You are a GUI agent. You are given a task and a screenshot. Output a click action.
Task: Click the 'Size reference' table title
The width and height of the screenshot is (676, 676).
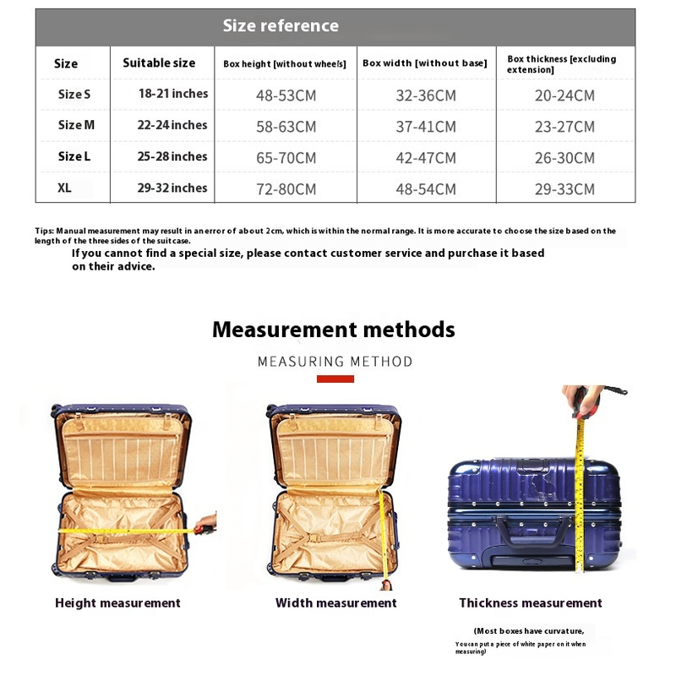(x=281, y=25)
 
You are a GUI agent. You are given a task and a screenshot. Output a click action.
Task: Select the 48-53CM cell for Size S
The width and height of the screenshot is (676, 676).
(x=286, y=95)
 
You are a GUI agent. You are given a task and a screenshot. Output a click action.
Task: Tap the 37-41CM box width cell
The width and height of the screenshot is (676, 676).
(x=425, y=127)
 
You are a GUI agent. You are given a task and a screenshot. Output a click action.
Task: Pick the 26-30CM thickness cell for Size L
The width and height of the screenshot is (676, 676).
(x=564, y=158)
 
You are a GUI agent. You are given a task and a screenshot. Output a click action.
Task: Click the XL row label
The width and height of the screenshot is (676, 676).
(x=65, y=188)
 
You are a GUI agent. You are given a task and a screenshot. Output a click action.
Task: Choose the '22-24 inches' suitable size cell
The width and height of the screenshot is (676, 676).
(x=172, y=125)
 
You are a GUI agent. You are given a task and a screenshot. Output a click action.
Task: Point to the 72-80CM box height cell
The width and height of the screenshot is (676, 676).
(x=286, y=189)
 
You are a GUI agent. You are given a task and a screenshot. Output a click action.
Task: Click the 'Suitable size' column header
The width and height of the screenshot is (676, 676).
(x=159, y=63)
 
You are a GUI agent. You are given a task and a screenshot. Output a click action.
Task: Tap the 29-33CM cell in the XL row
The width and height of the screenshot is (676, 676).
(x=564, y=189)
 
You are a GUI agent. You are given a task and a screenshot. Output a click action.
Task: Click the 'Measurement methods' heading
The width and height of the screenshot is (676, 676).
(x=334, y=330)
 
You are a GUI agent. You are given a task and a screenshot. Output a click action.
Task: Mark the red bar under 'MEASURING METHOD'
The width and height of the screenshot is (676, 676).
(x=335, y=379)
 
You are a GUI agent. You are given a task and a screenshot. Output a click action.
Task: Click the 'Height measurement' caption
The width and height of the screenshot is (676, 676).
(x=117, y=603)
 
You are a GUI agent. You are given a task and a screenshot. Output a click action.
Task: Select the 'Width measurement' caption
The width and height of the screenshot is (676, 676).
(x=335, y=603)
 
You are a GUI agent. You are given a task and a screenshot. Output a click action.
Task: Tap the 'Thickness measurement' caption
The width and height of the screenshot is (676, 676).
(x=531, y=603)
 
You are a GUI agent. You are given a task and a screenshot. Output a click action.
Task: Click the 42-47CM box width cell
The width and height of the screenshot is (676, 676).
(x=425, y=158)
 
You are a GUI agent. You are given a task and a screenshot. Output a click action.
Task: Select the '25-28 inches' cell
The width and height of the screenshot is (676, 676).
(x=172, y=156)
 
